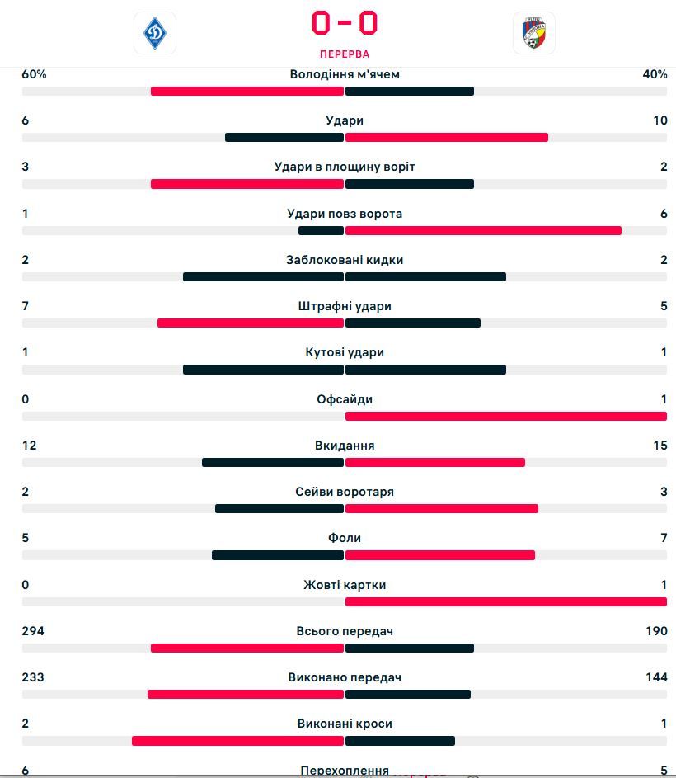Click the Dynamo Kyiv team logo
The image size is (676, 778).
pos(155,33)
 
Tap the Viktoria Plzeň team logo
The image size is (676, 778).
pos(533,33)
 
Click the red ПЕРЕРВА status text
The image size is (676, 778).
pos(345,54)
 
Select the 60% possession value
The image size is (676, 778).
pos(34,74)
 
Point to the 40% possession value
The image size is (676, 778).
pos(655,74)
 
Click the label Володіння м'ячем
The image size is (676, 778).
pos(345,74)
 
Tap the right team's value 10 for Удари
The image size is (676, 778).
pos(660,120)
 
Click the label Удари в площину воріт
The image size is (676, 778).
pos(345,167)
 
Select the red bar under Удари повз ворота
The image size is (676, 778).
pos(483,230)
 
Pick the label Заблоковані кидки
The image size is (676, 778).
pos(345,260)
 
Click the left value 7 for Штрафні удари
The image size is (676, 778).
pos(26,306)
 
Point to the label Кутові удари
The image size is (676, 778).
pos(345,352)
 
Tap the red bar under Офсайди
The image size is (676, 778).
pos(506,416)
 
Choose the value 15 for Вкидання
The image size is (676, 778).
pos(660,446)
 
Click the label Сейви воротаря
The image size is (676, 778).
pos(345,492)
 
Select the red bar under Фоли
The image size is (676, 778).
pos(440,555)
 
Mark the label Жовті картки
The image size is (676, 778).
pos(345,585)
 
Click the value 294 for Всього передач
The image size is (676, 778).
pos(33,631)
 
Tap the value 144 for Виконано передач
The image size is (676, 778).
pos(657,677)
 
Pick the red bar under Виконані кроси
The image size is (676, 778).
pos(237,741)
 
